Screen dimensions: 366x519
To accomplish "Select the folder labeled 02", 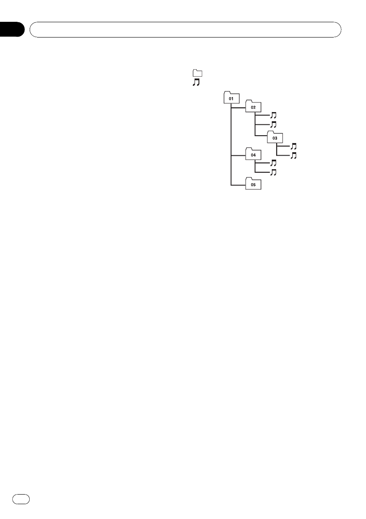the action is coord(253,107).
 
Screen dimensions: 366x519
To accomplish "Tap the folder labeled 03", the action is coord(274,137).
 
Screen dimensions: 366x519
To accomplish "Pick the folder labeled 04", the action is coord(253,155).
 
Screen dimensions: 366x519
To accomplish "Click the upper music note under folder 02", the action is coord(274,115).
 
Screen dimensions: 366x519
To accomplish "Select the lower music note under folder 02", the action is coord(274,124).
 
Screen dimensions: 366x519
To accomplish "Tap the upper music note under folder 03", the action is coord(294,147).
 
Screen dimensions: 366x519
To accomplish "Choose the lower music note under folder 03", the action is coord(294,155).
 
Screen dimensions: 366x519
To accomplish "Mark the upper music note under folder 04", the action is coord(274,163).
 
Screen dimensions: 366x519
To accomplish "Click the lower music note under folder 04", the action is coord(274,172).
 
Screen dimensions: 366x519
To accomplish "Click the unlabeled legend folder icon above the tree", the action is coord(198,73).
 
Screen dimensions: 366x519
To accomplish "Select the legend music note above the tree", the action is coord(196,82).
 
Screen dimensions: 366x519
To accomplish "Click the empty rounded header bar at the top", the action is coord(185,30).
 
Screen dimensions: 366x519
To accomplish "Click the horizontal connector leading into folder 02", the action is coord(238,107).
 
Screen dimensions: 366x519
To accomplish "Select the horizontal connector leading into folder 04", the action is coord(238,155).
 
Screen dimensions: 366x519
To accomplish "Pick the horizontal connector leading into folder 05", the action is coord(238,184).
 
